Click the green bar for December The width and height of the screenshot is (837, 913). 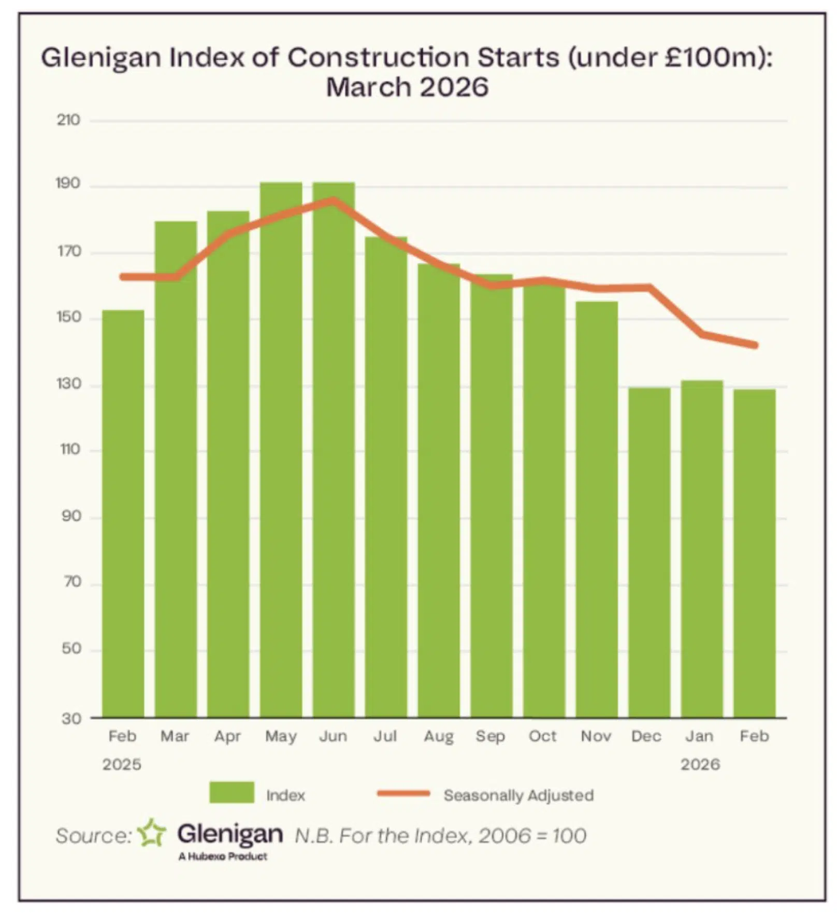point(649,552)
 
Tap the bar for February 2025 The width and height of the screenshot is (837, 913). point(123,513)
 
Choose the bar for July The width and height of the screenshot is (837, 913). point(386,477)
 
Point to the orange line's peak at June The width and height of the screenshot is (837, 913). point(334,200)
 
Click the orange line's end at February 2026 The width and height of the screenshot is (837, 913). point(756,345)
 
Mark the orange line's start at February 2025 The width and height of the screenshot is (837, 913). point(123,277)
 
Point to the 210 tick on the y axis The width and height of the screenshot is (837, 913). point(68,120)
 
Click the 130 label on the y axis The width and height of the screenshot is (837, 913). point(68,384)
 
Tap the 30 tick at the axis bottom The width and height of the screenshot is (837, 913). point(71,718)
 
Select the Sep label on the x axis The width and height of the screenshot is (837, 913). point(490,736)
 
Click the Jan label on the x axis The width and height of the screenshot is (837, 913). point(699,736)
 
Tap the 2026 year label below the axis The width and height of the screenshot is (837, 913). point(700,764)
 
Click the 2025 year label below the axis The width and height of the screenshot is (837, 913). point(122,764)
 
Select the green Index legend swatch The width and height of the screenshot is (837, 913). point(232,792)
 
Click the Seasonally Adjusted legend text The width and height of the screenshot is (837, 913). point(518,795)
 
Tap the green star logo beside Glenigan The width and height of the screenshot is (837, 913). point(152,833)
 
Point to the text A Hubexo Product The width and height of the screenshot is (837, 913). point(223,856)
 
